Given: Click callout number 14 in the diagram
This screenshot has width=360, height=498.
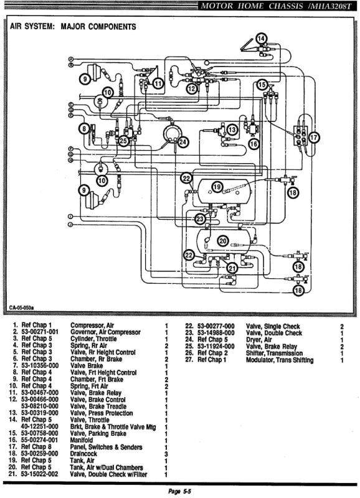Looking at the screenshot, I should (261, 38).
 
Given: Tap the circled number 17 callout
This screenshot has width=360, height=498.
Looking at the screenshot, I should (314, 137).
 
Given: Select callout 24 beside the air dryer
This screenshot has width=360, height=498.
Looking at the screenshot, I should (182, 142).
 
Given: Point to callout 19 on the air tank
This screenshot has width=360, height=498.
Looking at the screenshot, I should (216, 187).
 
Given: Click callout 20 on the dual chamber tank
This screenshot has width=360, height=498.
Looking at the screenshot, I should (222, 241).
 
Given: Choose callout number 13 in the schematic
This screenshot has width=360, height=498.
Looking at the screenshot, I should (232, 129).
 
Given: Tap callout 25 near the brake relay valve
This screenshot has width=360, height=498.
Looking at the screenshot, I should (124, 141).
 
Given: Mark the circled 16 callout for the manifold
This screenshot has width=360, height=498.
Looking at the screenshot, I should (253, 144).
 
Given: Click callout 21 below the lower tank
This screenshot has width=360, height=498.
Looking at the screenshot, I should (231, 268).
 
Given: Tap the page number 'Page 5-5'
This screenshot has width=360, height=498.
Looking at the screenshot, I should (180, 491).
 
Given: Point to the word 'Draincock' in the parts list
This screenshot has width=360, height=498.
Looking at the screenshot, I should (87, 454).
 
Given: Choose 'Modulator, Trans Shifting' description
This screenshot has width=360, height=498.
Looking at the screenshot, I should (280, 360).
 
